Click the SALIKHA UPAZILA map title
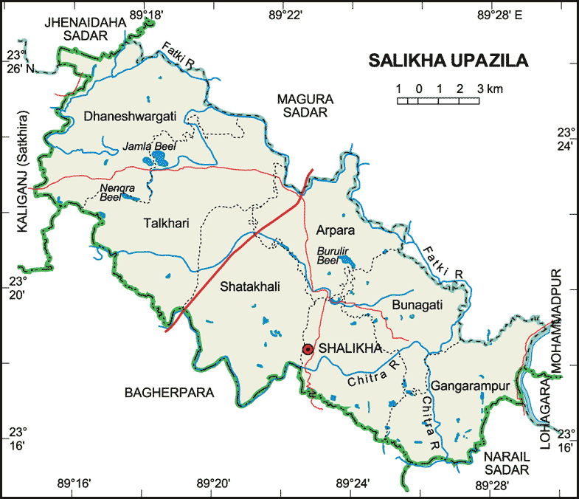(448, 61)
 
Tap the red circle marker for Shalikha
(308, 349)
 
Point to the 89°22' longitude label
(285, 14)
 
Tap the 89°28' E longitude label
(499, 14)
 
